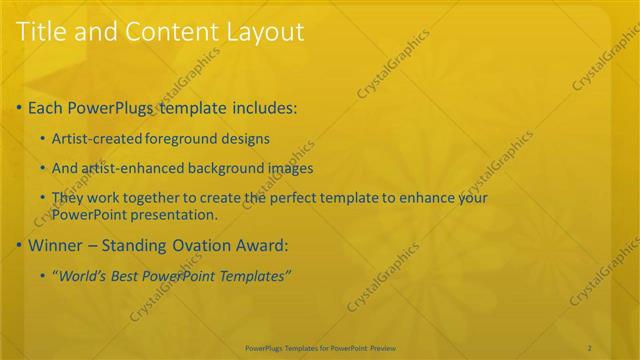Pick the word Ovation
[x=198, y=245]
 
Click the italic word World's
[x=83, y=276]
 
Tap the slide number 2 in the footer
[x=590, y=347]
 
